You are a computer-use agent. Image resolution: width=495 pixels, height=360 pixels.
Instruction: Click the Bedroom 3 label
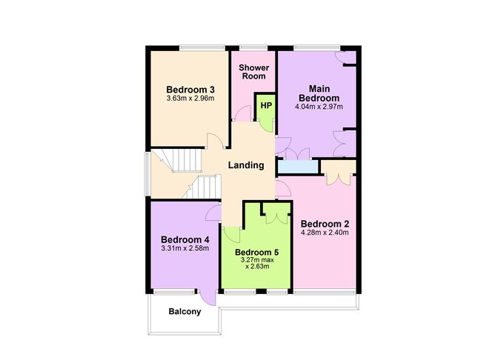tap(185, 90)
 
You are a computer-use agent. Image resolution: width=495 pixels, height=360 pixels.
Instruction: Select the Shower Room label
tap(253, 72)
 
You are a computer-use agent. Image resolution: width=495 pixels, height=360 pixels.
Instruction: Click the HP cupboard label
tap(265, 105)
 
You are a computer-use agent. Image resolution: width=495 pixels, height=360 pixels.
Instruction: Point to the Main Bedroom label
tap(319, 93)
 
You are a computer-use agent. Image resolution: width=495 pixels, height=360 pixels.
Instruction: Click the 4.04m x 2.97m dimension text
tap(319, 107)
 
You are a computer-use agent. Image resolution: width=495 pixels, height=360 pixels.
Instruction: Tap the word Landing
tap(246, 165)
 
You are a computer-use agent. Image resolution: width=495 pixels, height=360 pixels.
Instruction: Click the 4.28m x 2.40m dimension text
tap(325, 233)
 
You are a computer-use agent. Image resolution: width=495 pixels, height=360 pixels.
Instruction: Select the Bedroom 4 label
tap(185, 239)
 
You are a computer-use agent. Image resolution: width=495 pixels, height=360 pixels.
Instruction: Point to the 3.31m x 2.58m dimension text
tap(185, 248)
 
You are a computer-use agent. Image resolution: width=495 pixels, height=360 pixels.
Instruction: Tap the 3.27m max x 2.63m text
tap(254, 263)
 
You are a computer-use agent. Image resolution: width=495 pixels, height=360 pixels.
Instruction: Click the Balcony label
tap(185, 312)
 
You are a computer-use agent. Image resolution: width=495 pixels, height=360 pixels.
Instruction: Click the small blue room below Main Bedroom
tap(299, 167)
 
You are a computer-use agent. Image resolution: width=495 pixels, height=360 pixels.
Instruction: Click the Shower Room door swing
tap(242, 113)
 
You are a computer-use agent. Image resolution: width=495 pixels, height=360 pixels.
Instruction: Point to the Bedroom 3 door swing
tap(215, 142)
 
